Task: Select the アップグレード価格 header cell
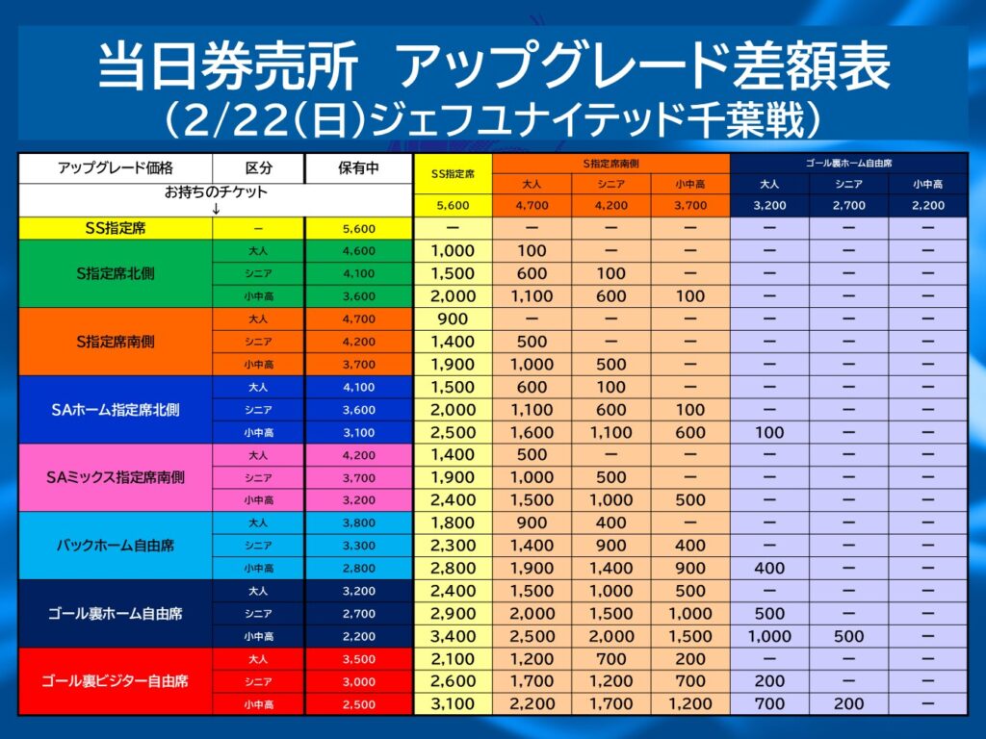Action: click(115, 167)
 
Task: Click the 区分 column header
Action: click(258, 167)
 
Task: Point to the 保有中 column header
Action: click(357, 167)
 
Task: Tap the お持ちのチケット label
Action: click(216, 191)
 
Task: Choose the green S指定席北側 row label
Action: click(115, 273)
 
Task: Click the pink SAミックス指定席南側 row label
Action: click(115, 476)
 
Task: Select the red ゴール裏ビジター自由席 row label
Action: click(115, 680)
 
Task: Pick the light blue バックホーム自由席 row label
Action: click(115, 545)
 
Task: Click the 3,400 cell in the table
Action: click(453, 636)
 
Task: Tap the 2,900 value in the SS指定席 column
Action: click(453, 613)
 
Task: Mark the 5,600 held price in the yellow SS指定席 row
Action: click(357, 228)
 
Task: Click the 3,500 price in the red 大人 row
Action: click(357, 658)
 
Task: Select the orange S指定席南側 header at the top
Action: click(610, 163)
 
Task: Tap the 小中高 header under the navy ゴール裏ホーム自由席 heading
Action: click(927, 184)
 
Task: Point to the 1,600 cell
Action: click(532, 432)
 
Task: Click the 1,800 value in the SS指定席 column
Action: click(453, 522)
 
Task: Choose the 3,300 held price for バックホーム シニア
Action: click(357, 545)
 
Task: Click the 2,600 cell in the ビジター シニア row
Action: click(453, 681)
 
